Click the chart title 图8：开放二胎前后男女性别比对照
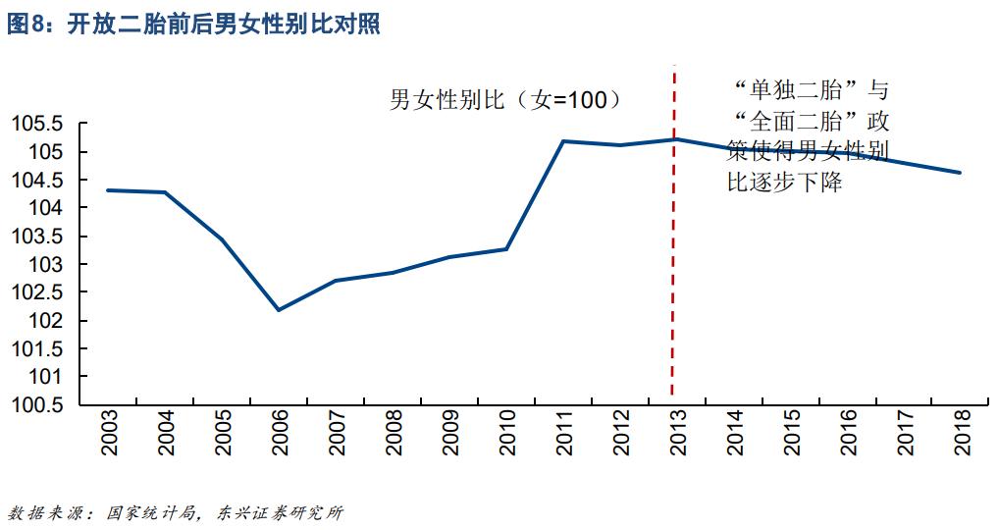point(193,25)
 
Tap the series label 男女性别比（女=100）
point(506,100)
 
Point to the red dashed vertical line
point(673,294)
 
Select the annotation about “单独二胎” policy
point(809,136)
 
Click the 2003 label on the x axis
point(109,433)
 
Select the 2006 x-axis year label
point(280,433)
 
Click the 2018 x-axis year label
point(963,433)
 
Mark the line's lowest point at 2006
point(279,310)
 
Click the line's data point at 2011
point(563,141)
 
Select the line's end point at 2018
point(960,173)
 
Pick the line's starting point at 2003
point(107,190)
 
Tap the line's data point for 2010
point(506,249)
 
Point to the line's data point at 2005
point(222,239)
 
